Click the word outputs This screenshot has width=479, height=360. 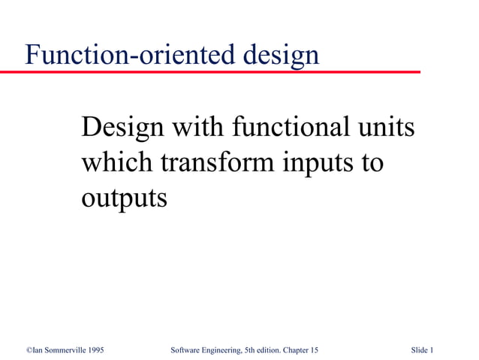point(124,198)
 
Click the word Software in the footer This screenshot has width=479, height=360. point(185,350)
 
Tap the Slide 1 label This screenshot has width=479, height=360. point(423,350)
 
